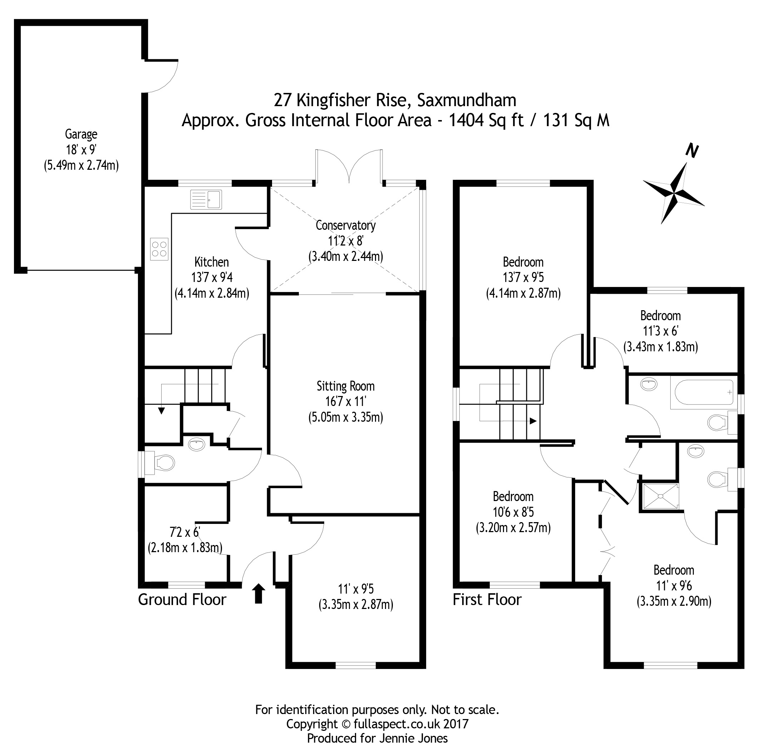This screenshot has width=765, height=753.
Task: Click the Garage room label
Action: tap(81, 134)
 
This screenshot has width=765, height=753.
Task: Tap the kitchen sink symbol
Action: tap(206, 199)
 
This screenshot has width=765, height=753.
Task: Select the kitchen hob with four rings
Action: tap(159, 249)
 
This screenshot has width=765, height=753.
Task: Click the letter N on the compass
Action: tap(692, 151)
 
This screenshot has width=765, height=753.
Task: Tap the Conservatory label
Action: tap(345, 226)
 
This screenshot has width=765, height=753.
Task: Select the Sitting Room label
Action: tap(345, 386)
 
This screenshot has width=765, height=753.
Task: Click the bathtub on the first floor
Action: tap(702, 392)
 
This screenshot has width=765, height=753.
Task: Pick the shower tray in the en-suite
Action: tap(659, 496)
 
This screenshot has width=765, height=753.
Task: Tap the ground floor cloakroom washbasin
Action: tap(197, 444)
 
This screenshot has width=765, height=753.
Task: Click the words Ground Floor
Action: tap(182, 600)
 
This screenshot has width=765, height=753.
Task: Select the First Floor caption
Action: tap(487, 600)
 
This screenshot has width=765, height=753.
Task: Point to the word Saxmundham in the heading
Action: tap(467, 100)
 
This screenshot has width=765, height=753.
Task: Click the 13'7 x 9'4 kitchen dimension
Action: tap(212, 278)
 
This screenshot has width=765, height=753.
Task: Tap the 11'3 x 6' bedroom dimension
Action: tap(660, 331)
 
